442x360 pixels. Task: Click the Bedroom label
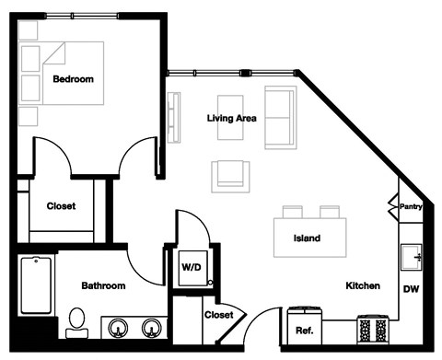pyautogui.click(x=73, y=79)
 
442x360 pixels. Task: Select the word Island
pyautogui.click(x=307, y=238)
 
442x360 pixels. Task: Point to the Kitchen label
pyautogui.click(x=363, y=286)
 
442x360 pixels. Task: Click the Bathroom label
pyautogui.click(x=103, y=286)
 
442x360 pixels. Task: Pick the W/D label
pyautogui.click(x=192, y=267)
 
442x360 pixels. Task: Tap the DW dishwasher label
pyautogui.click(x=411, y=290)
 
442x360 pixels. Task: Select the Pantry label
pyautogui.click(x=411, y=207)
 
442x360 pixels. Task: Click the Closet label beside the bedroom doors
pyautogui.click(x=61, y=206)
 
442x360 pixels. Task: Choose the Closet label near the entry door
pyautogui.click(x=218, y=315)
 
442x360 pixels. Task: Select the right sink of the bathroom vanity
pyautogui.click(x=152, y=326)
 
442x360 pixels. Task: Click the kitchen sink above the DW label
pyautogui.click(x=411, y=257)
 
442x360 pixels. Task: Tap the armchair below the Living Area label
pyautogui.click(x=229, y=174)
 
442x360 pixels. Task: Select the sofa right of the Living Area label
pyautogui.click(x=280, y=117)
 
